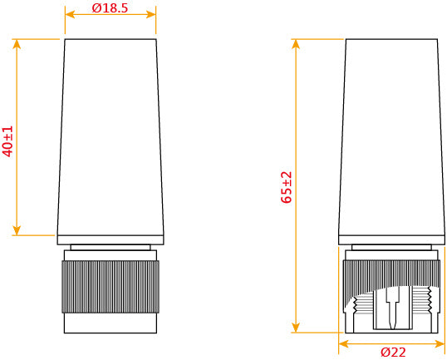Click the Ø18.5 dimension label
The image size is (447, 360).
click(x=110, y=7)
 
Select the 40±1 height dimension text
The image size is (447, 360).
click(x=8, y=141)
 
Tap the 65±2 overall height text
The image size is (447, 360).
click(x=287, y=187)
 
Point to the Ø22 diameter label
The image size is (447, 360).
click(x=393, y=352)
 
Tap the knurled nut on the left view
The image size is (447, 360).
click(x=111, y=287)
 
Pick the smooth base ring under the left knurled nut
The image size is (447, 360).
click(x=111, y=323)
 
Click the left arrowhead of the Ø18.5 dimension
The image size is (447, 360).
click(x=68, y=14)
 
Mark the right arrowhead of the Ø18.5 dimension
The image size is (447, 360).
click(x=152, y=14)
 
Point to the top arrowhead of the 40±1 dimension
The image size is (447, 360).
click(x=17, y=42)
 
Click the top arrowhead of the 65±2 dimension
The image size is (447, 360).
click(x=296, y=42)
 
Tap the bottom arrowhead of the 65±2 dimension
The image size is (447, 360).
click(x=296, y=328)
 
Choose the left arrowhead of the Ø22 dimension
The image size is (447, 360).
click(x=343, y=343)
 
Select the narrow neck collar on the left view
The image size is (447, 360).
click(x=111, y=248)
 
